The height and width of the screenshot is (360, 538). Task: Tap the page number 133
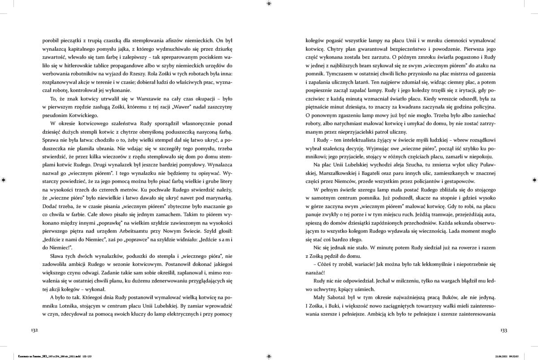tap(503, 330)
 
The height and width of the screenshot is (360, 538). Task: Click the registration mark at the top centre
tap(269, 3)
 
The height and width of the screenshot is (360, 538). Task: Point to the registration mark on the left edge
tap(4, 180)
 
